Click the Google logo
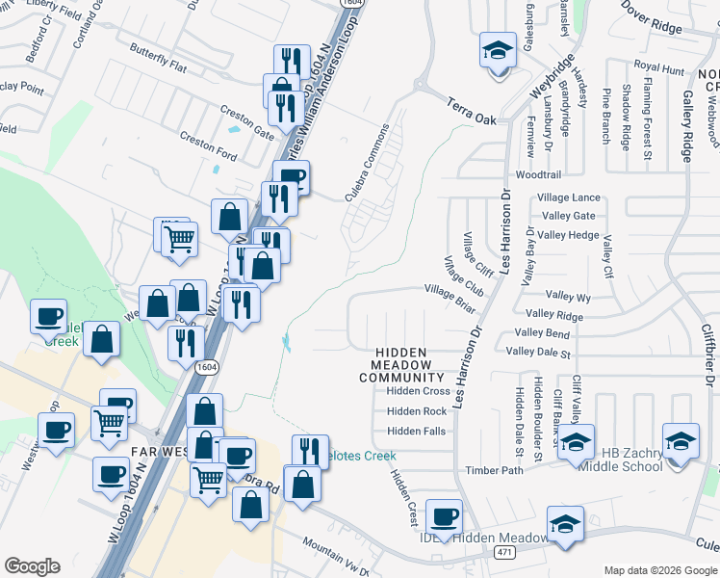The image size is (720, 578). click(x=32, y=566)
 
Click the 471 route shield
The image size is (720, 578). click(x=503, y=552)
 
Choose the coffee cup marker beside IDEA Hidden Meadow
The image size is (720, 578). click(x=444, y=517)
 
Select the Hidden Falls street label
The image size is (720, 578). click(x=416, y=431)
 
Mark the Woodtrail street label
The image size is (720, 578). click(x=538, y=175)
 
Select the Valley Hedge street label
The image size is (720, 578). click(x=569, y=235)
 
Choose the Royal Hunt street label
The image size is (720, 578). click(x=658, y=70)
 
